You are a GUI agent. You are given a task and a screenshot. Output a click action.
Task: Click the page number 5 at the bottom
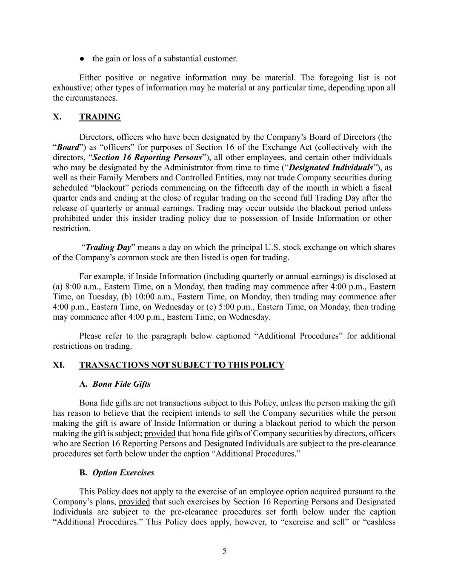click(224, 551)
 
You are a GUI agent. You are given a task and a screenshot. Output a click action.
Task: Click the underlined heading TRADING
click(100, 117)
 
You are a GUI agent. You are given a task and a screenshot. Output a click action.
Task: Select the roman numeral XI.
click(59, 365)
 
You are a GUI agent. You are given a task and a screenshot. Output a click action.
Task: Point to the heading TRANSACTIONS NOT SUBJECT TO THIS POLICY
click(181, 365)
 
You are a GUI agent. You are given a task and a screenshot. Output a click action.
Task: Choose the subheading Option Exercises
click(123, 472)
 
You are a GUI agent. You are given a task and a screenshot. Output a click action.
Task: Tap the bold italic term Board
click(68, 148)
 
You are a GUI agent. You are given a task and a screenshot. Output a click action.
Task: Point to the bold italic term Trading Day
click(108, 247)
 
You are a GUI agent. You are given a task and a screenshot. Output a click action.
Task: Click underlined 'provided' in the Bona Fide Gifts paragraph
click(160, 434)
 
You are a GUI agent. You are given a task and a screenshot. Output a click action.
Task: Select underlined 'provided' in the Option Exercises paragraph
click(134, 502)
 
